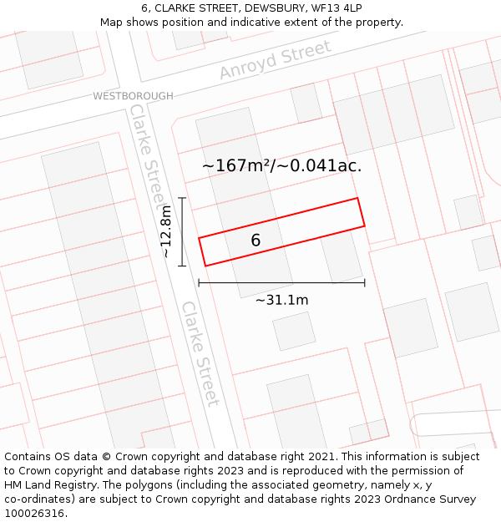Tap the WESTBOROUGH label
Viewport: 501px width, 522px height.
click(x=133, y=96)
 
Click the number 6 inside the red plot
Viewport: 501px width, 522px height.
click(x=256, y=241)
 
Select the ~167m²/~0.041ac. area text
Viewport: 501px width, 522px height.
click(x=281, y=165)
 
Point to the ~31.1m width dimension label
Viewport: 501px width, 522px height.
click(x=281, y=301)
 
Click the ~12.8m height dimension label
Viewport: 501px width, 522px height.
click(x=166, y=231)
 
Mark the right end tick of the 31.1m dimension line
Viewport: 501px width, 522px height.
click(x=365, y=283)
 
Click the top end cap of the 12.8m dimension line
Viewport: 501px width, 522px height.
click(x=181, y=198)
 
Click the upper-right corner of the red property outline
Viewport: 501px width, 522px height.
click(x=357, y=198)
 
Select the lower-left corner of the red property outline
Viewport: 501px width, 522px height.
click(x=205, y=266)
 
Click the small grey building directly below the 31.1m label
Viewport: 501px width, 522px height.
click(x=294, y=331)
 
